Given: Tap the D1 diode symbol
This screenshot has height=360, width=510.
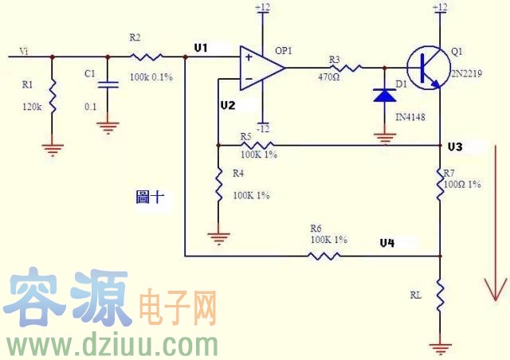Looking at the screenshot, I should click(x=385, y=96).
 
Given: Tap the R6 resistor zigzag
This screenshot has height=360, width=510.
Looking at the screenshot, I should click(x=324, y=256).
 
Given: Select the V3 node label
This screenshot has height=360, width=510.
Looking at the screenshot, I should click(x=455, y=147).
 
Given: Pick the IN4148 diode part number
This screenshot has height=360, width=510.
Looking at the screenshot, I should click(x=410, y=117).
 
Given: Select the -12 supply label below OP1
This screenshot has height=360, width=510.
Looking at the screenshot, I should click(x=262, y=128).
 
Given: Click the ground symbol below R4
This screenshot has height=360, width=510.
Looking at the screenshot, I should click(x=218, y=236).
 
